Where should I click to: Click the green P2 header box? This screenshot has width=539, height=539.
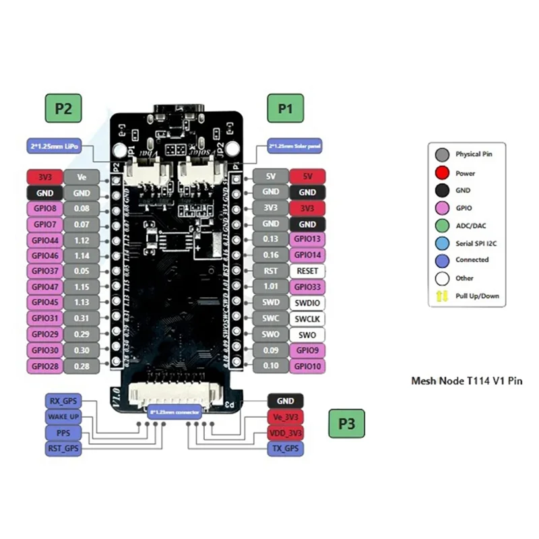[63, 108]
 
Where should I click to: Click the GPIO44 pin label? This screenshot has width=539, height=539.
[44, 240]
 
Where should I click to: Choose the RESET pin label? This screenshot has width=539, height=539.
[307, 271]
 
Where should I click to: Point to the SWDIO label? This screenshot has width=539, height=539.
[307, 303]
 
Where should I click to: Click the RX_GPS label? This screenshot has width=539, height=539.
[63, 401]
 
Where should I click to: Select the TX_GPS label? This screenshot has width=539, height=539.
[286, 448]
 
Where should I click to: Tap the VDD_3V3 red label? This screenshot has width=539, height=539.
[286, 433]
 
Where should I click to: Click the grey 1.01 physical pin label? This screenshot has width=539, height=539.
[270, 287]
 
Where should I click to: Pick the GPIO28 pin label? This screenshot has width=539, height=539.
[44, 365]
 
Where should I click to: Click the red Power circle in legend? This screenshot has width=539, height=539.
[443, 172]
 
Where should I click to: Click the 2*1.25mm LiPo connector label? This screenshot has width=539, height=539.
[53, 145]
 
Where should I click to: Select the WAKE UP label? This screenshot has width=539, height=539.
[63, 416]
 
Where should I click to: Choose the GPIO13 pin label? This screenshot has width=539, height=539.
[307, 240]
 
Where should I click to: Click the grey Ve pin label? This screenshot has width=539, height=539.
[83, 177]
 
